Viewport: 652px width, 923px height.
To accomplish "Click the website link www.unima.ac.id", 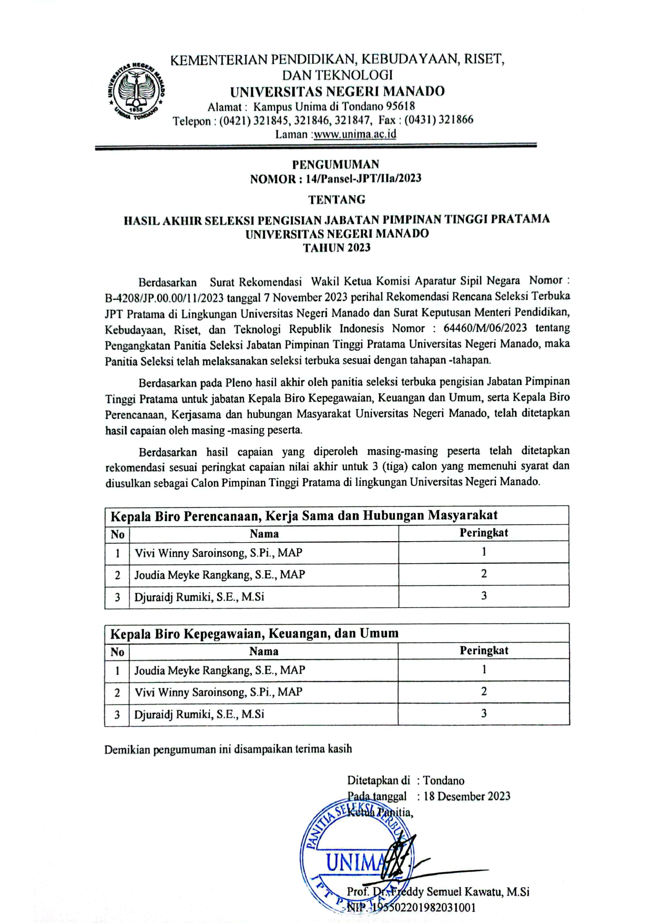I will [x=355, y=134].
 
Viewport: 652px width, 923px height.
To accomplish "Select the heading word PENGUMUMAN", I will [x=335, y=164].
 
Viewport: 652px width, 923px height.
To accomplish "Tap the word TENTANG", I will [x=337, y=199].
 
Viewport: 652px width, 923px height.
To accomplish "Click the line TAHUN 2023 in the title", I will [x=337, y=248].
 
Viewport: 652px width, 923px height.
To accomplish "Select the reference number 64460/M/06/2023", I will [x=485, y=328].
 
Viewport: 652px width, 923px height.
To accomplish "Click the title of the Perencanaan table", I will [x=304, y=515].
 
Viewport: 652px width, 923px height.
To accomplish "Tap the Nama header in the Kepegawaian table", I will [x=263, y=651].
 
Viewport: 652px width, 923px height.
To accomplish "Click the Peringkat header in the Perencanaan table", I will [x=483, y=533].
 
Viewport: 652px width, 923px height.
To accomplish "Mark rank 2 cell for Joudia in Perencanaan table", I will [x=483, y=574].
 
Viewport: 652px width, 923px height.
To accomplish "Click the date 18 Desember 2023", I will [x=466, y=796].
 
